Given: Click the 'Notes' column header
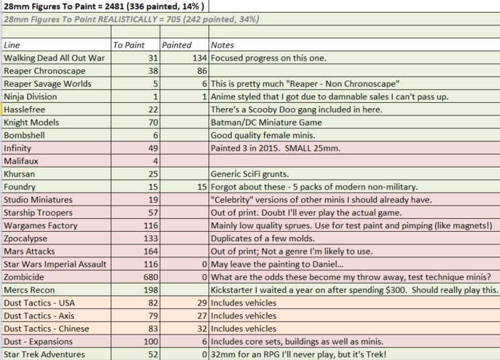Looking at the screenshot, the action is tap(222, 45).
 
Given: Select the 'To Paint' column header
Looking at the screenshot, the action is tap(129, 45).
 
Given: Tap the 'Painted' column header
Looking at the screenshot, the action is tap(177, 45).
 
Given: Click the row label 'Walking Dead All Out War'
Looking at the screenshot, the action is tap(54, 58).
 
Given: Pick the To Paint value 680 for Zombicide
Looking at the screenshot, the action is tap(151, 277).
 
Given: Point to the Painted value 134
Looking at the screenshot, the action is tap(200, 58).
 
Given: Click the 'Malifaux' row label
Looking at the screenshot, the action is tap(21, 161).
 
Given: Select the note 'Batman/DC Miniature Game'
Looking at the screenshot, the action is tap(266, 123).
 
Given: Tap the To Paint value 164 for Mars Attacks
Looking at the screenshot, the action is tap(151, 251).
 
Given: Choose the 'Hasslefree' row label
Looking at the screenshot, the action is tap(25, 109).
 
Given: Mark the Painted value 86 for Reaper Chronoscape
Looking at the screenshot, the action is tap(202, 71).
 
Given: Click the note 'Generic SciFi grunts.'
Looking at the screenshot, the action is tap(250, 174).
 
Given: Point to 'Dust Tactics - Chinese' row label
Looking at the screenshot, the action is tap(46, 329).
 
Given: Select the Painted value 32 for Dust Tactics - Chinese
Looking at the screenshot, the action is tap(202, 329).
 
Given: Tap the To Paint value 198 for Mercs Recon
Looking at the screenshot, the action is tap(151, 290).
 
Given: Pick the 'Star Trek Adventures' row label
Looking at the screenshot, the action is tap(44, 354).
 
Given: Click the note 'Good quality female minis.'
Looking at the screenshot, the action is tap(263, 136).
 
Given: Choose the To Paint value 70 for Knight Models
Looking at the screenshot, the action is tap(153, 123).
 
